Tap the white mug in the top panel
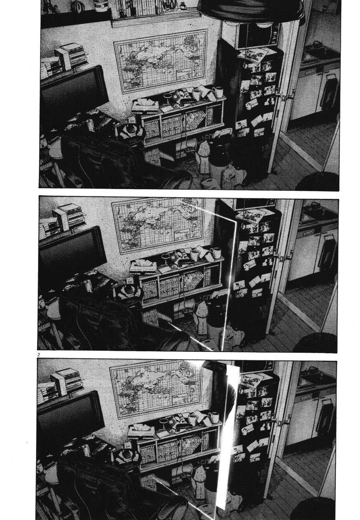pyautogui.click(x=218, y=92)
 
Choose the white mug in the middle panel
pyautogui.click(x=216, y=253)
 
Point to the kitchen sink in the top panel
pyautogui.click(x=316, y=54)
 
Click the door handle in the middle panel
pyautogui.click(x=286, y=256)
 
